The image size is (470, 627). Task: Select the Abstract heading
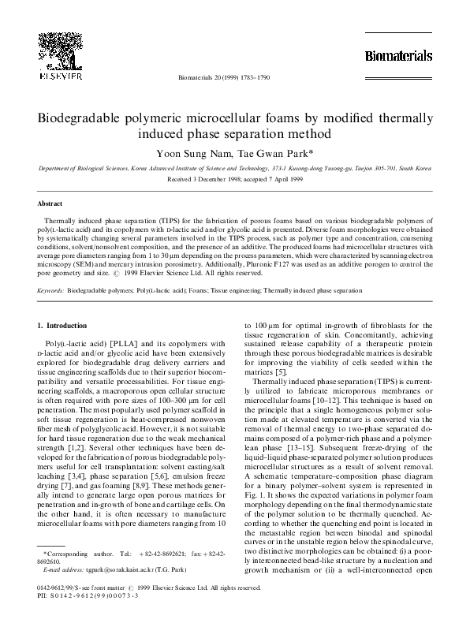click(50, 203)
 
